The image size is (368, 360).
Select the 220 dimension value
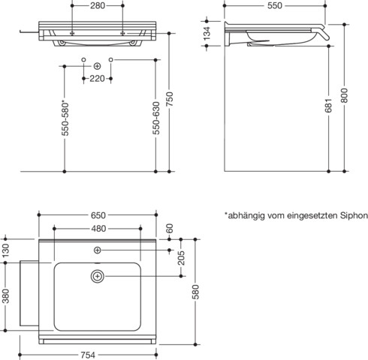(97, 78)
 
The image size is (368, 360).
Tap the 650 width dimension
(98, 214)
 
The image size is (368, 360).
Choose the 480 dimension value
(98, 229)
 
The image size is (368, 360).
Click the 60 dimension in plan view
(170, 228)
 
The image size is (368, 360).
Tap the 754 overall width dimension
(98, 355)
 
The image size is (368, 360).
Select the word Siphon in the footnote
(351, 215)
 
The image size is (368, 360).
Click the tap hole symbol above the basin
(98, 248)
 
